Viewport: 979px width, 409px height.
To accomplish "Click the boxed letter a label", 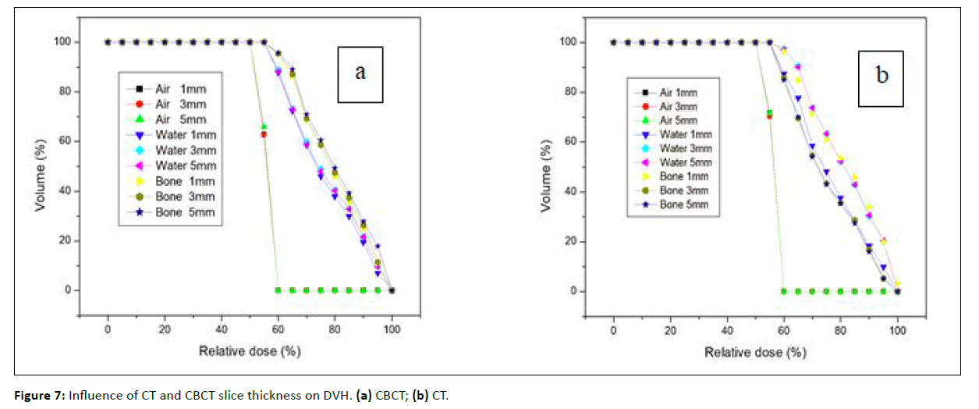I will click(x=360, y=73).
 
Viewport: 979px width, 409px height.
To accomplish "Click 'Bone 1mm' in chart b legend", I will click(x=683, y=176).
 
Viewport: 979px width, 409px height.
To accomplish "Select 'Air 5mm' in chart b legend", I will click(x=679, y=121).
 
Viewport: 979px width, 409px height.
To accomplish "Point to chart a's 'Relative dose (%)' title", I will click(x=250, y=351).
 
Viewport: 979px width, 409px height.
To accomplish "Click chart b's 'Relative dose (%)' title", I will click(x=755, y=352).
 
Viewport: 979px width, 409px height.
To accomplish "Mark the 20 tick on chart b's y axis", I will click(x=573, y=241).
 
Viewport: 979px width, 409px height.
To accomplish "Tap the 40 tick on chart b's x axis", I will click(x=727, y=331).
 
